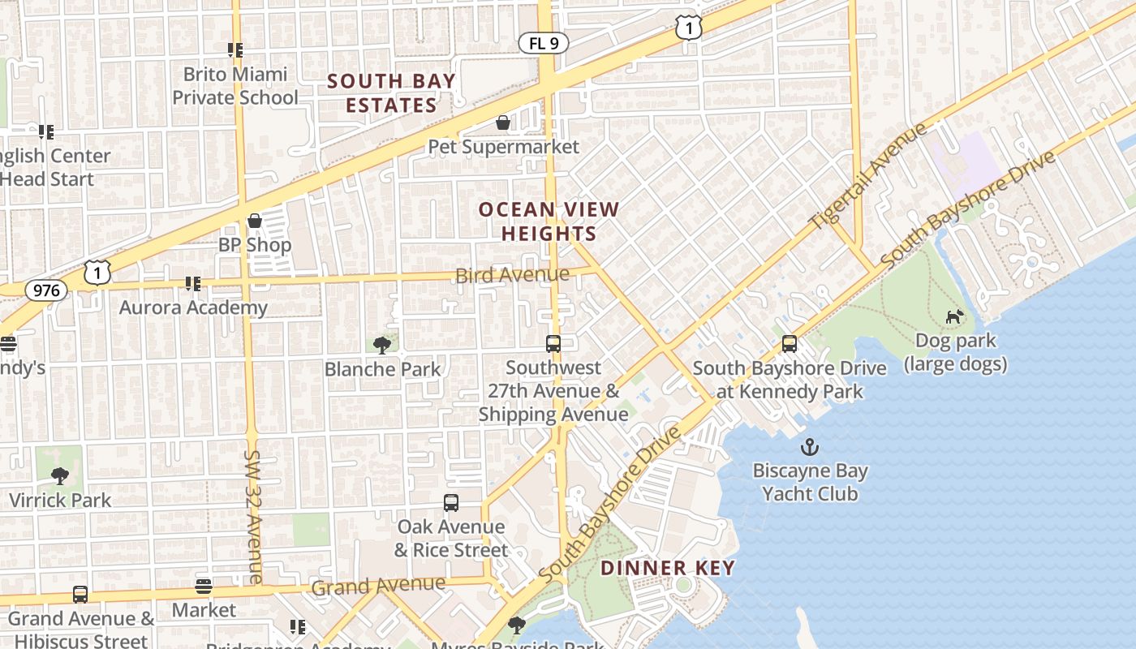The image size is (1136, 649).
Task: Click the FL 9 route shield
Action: (x=543, y=44)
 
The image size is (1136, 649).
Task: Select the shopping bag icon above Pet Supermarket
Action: (x=503, y=122)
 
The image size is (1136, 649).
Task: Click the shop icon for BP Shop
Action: (x=255, y=221)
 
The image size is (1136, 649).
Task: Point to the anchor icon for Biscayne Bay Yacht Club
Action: (x=809, y=447)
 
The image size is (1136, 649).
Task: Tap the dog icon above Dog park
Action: (x=955, y=316)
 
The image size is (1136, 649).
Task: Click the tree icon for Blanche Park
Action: (x=382, y=346)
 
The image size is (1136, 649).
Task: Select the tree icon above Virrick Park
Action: (x=59, y=475)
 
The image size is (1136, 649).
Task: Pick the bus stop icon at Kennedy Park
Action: (x=790, y=344)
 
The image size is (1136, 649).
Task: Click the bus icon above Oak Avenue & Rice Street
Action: (x=451, y=503)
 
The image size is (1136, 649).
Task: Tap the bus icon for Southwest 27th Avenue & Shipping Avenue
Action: (x=553, y=344)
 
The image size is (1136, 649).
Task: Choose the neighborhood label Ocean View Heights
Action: (x=549, y=221)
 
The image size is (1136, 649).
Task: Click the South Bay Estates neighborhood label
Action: (x=392, y=93)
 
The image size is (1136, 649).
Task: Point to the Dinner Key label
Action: (x=668, y=568)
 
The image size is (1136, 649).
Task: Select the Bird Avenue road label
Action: (x=512, y=275)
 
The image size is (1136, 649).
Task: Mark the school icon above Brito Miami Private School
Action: (x=235, y=50)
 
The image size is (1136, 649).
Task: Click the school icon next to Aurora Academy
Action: (x=192, y=283)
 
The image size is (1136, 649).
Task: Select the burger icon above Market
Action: (x=204, y=586)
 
